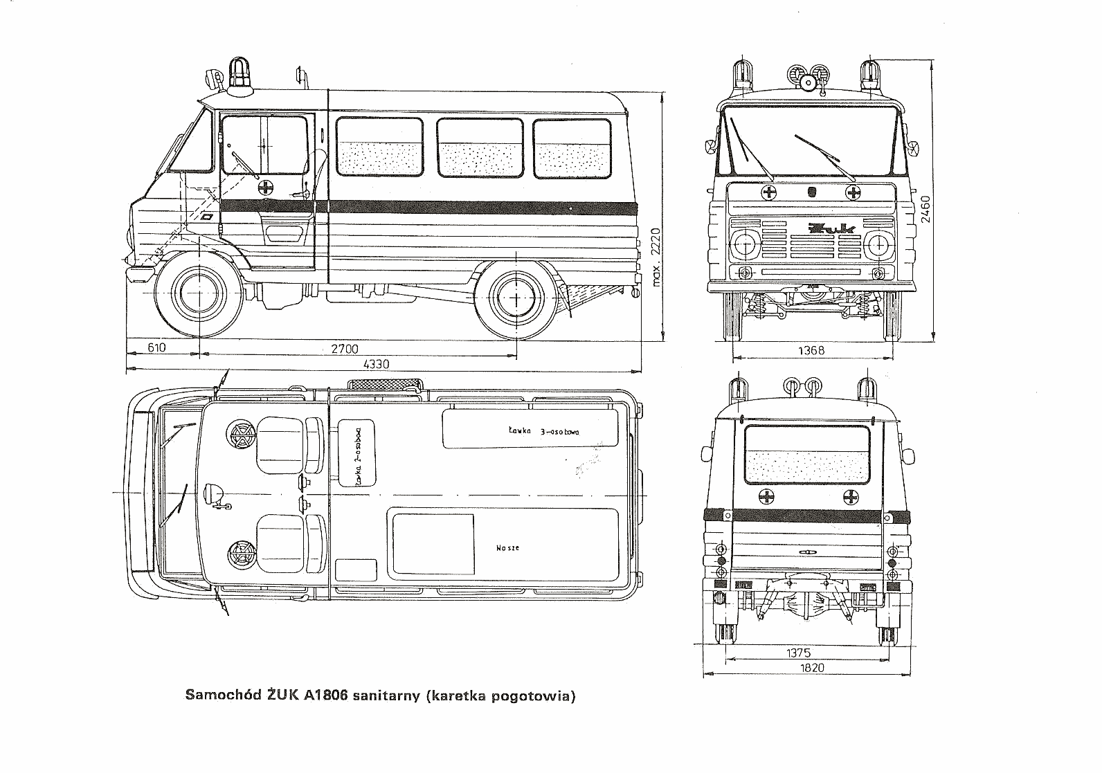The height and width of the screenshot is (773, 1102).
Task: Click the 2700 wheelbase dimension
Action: [x=344, y=348]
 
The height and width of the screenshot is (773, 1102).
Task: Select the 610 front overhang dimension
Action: [x=157, y=348]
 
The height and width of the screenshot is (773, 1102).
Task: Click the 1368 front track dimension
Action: [x=811, y=350]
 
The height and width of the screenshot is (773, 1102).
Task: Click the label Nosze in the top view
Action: [x=507, y=548]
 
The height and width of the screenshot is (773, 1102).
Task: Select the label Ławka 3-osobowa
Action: [x=543, y=431]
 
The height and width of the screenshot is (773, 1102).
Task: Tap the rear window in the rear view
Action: [x=806, y=454]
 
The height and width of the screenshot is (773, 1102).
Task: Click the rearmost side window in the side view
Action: [x=572, y=147]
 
